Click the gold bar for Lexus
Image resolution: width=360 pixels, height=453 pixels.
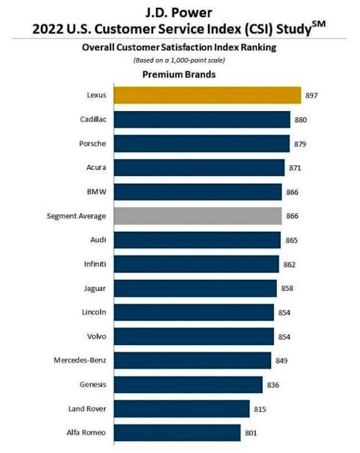click(x=207, y=95)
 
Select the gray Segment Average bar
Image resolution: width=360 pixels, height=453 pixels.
click(x=198, y=215)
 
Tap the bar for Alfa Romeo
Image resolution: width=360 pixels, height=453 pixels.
click(x=177, y=432)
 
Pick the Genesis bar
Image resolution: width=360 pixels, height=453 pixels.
click(x=188, y=384)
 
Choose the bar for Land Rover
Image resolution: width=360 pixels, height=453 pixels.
click(x=181, y=408)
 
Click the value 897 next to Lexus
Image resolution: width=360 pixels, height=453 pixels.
click(x=312, y=96)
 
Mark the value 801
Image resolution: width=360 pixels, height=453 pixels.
click(x=252, y=432)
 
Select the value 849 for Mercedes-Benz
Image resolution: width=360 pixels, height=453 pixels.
click(x=282, y=360)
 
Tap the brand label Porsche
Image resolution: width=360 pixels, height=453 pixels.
click(x=93, y=143)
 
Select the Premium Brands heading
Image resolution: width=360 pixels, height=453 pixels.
click(x=179, y=74)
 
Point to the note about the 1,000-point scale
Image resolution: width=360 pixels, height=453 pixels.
click(x=179, y=60)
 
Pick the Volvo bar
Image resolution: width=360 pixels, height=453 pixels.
click(x=194, y=336)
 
